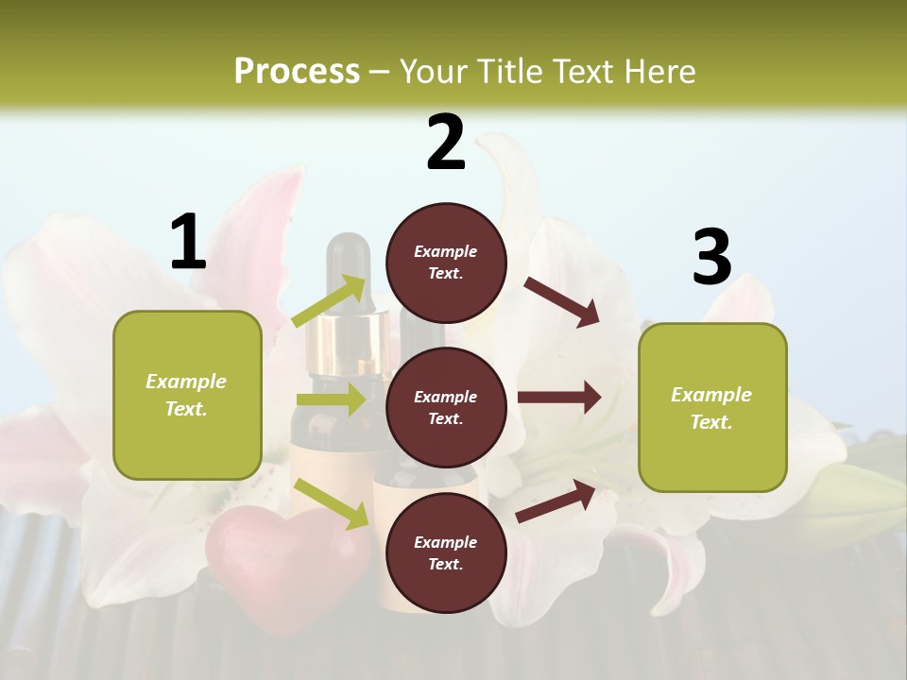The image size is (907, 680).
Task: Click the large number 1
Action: click(x=188, y=242)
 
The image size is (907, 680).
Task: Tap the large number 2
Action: click(x=446, y=143)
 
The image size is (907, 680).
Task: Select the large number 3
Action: click(x=711, y=258)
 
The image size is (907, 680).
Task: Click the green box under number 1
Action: click(x=187, y=395)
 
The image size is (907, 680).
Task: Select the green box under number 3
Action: click(x=712, y=407)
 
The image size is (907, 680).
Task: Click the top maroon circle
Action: click(x=446, y=263)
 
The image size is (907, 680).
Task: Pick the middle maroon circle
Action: click(x=446, y=407)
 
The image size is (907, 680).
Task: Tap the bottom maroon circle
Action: click(x=446, y=552)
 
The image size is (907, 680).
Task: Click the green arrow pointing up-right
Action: click(x=330, y=301)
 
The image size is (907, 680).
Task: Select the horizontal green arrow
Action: click(x=331, y=399)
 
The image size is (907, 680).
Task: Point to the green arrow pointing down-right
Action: click(x=332, y=503)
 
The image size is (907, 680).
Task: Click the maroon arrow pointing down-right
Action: click(x=562, y=302)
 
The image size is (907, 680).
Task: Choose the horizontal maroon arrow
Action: click(x=558, y=398)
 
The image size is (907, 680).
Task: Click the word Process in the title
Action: click(x=297, y=71)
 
